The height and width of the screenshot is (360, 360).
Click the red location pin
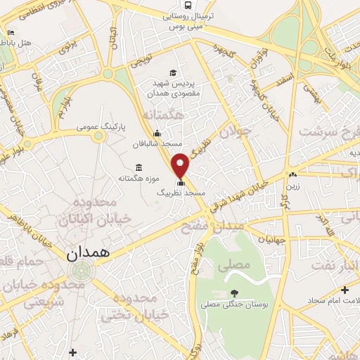[181, 165]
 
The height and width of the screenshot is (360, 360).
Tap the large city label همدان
[88, 255]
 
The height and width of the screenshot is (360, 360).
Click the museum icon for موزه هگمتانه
[138, 167]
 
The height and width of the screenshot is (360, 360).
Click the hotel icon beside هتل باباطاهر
[10, 32]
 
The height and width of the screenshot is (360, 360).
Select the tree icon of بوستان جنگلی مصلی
[234, 293]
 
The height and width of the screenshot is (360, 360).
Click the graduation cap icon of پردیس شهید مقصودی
[173, 72]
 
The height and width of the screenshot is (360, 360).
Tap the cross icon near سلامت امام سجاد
[345, 290]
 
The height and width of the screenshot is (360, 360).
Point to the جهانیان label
[271, 240]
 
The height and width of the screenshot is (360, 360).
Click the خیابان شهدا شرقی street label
[246, 191]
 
